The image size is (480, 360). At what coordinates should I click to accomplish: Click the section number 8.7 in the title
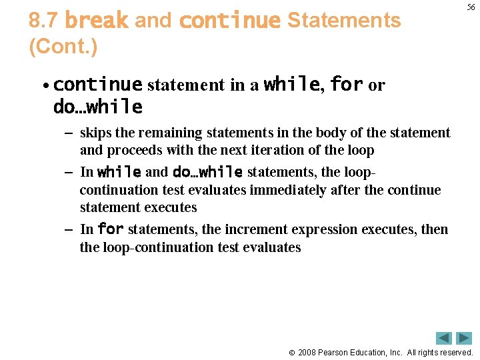pyautogui.click(x=43, y=21)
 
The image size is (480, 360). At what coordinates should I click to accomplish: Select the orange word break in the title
pyautogui.click(x=97, y=21)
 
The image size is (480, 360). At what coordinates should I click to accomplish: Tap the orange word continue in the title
pyautogui.click(x=230, y=21)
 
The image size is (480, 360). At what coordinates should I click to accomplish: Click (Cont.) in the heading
pyautogui.click(x=63, y=47)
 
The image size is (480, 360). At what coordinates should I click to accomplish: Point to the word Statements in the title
pyautogui.click(x=344, y=21)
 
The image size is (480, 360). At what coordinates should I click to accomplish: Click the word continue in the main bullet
pyautogui.click(x=97, y=85)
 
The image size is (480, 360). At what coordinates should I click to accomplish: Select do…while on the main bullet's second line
pyautogui.click(x=97, y=107)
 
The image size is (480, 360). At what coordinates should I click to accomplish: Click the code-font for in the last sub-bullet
pyautogui.click(x=111, y=229)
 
